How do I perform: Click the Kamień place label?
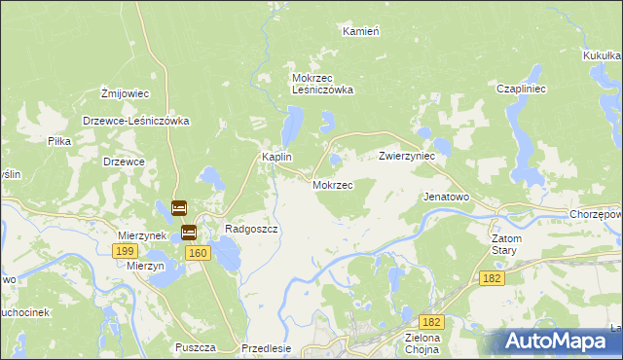360,31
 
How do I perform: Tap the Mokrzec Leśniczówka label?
322,84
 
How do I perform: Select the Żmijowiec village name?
125,93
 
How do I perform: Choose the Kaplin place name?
276,157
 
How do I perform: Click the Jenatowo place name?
446,197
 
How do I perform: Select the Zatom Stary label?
506,244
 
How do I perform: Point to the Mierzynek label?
143,235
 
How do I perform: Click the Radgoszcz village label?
252,230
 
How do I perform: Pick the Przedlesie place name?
266,348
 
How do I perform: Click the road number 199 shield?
124,251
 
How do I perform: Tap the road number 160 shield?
198,253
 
